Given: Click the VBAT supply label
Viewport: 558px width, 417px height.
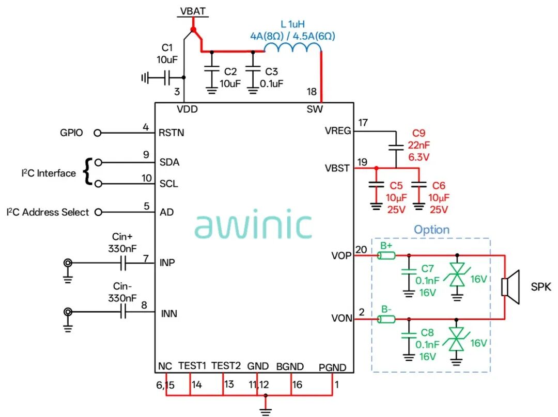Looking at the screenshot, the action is click(193, 11).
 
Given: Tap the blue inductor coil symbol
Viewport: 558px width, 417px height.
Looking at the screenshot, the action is click(292, 47).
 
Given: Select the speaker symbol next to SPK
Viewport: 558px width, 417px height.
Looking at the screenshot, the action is click(510, 287).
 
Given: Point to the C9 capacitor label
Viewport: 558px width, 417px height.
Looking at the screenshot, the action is click(419, 133).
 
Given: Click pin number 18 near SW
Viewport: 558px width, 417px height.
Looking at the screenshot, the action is click(312, 92).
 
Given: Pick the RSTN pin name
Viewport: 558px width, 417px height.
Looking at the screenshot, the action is click(171, 133).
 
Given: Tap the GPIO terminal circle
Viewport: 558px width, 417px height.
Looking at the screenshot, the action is click(98, 133).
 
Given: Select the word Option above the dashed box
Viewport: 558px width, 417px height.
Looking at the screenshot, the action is click(431, 230).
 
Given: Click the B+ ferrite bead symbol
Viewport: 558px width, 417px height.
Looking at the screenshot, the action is click(386, 255).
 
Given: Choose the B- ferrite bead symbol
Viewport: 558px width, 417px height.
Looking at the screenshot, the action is click(386, 319).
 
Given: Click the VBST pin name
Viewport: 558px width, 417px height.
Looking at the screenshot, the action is click(337, 168).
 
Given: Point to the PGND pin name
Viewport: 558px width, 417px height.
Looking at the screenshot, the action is click(332, 367).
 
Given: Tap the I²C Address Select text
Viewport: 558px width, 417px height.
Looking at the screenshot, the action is click(48, 212).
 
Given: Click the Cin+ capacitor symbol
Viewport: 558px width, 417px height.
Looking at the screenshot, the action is click(123, 263).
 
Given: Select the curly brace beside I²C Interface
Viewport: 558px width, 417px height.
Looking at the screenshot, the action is click(87, 172).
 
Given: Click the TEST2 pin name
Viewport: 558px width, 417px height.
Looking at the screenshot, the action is click(226, 366).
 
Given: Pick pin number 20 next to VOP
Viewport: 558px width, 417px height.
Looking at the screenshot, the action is click(361, 250).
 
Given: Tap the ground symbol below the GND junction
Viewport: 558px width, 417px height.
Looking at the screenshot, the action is click(266, 411).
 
